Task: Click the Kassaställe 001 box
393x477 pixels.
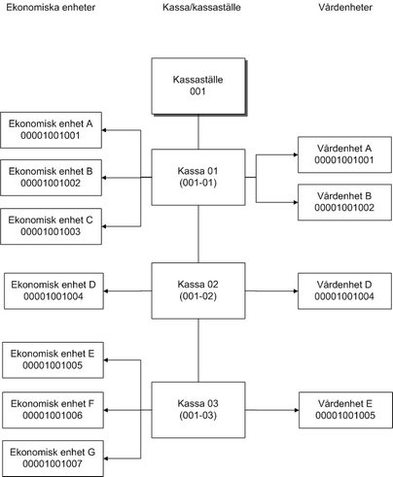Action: click(198, 86)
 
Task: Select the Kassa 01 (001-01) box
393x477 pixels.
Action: click(198, 177)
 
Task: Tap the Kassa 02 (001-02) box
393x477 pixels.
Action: click(198, 290)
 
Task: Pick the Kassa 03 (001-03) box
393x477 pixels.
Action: click(198, 410)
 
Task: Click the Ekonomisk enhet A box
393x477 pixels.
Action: click(51, 130)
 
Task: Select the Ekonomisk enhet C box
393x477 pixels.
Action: click(51, 226)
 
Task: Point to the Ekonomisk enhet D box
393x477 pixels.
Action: click(54, 290)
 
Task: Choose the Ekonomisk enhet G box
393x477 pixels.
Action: click(53, 459)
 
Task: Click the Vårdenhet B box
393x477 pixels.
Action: click(344, 202)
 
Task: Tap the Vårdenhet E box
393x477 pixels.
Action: click(345, 410)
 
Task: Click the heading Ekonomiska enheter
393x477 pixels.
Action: click(51, 7)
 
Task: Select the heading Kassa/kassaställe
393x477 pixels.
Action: click(201, 7)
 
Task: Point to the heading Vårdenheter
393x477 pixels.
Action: click(345, 7)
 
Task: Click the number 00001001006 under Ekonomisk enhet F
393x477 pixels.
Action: click(53, 415)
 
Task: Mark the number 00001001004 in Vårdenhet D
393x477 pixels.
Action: click(344, 296)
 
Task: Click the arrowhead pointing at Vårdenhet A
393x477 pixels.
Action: click(296, 154)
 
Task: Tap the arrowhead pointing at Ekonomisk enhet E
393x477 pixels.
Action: click(106, 359)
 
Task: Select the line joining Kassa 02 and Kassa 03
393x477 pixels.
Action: click(198, 351)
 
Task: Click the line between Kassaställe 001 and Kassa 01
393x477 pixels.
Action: click(198, 132)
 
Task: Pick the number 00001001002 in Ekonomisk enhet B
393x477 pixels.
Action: click(51, 183)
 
